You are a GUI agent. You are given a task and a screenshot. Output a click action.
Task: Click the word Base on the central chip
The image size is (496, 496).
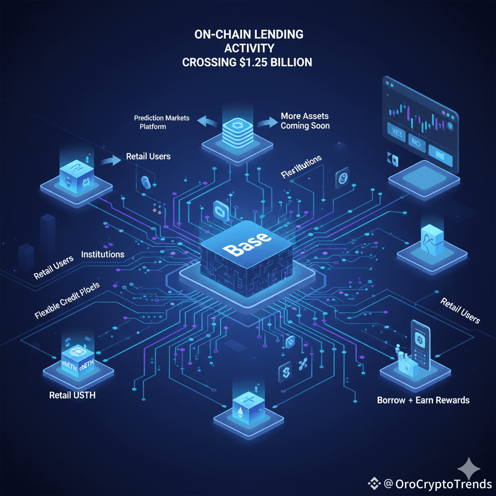coord(247,247)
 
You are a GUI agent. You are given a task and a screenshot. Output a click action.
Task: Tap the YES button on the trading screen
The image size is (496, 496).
coord(396,133)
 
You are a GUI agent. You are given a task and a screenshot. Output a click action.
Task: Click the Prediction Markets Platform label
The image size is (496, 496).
coord(162,122)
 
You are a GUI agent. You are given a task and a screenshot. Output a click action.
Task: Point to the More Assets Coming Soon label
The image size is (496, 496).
coord(305,121)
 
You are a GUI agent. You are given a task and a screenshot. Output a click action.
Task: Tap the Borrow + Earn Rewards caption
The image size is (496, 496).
coord(423,401)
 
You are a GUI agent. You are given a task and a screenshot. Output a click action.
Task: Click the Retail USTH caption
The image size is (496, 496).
coord(72,395)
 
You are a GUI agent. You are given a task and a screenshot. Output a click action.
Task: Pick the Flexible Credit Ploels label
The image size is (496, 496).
coord(67,300)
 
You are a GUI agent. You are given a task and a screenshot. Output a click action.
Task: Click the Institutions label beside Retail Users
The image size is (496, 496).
coord(103,254)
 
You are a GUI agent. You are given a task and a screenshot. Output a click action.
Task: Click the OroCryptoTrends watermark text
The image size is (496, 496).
coord(443,483)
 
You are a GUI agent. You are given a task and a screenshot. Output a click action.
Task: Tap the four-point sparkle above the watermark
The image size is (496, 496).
coord(469,468)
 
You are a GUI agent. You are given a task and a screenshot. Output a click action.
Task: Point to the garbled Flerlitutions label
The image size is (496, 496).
coord(301,166)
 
